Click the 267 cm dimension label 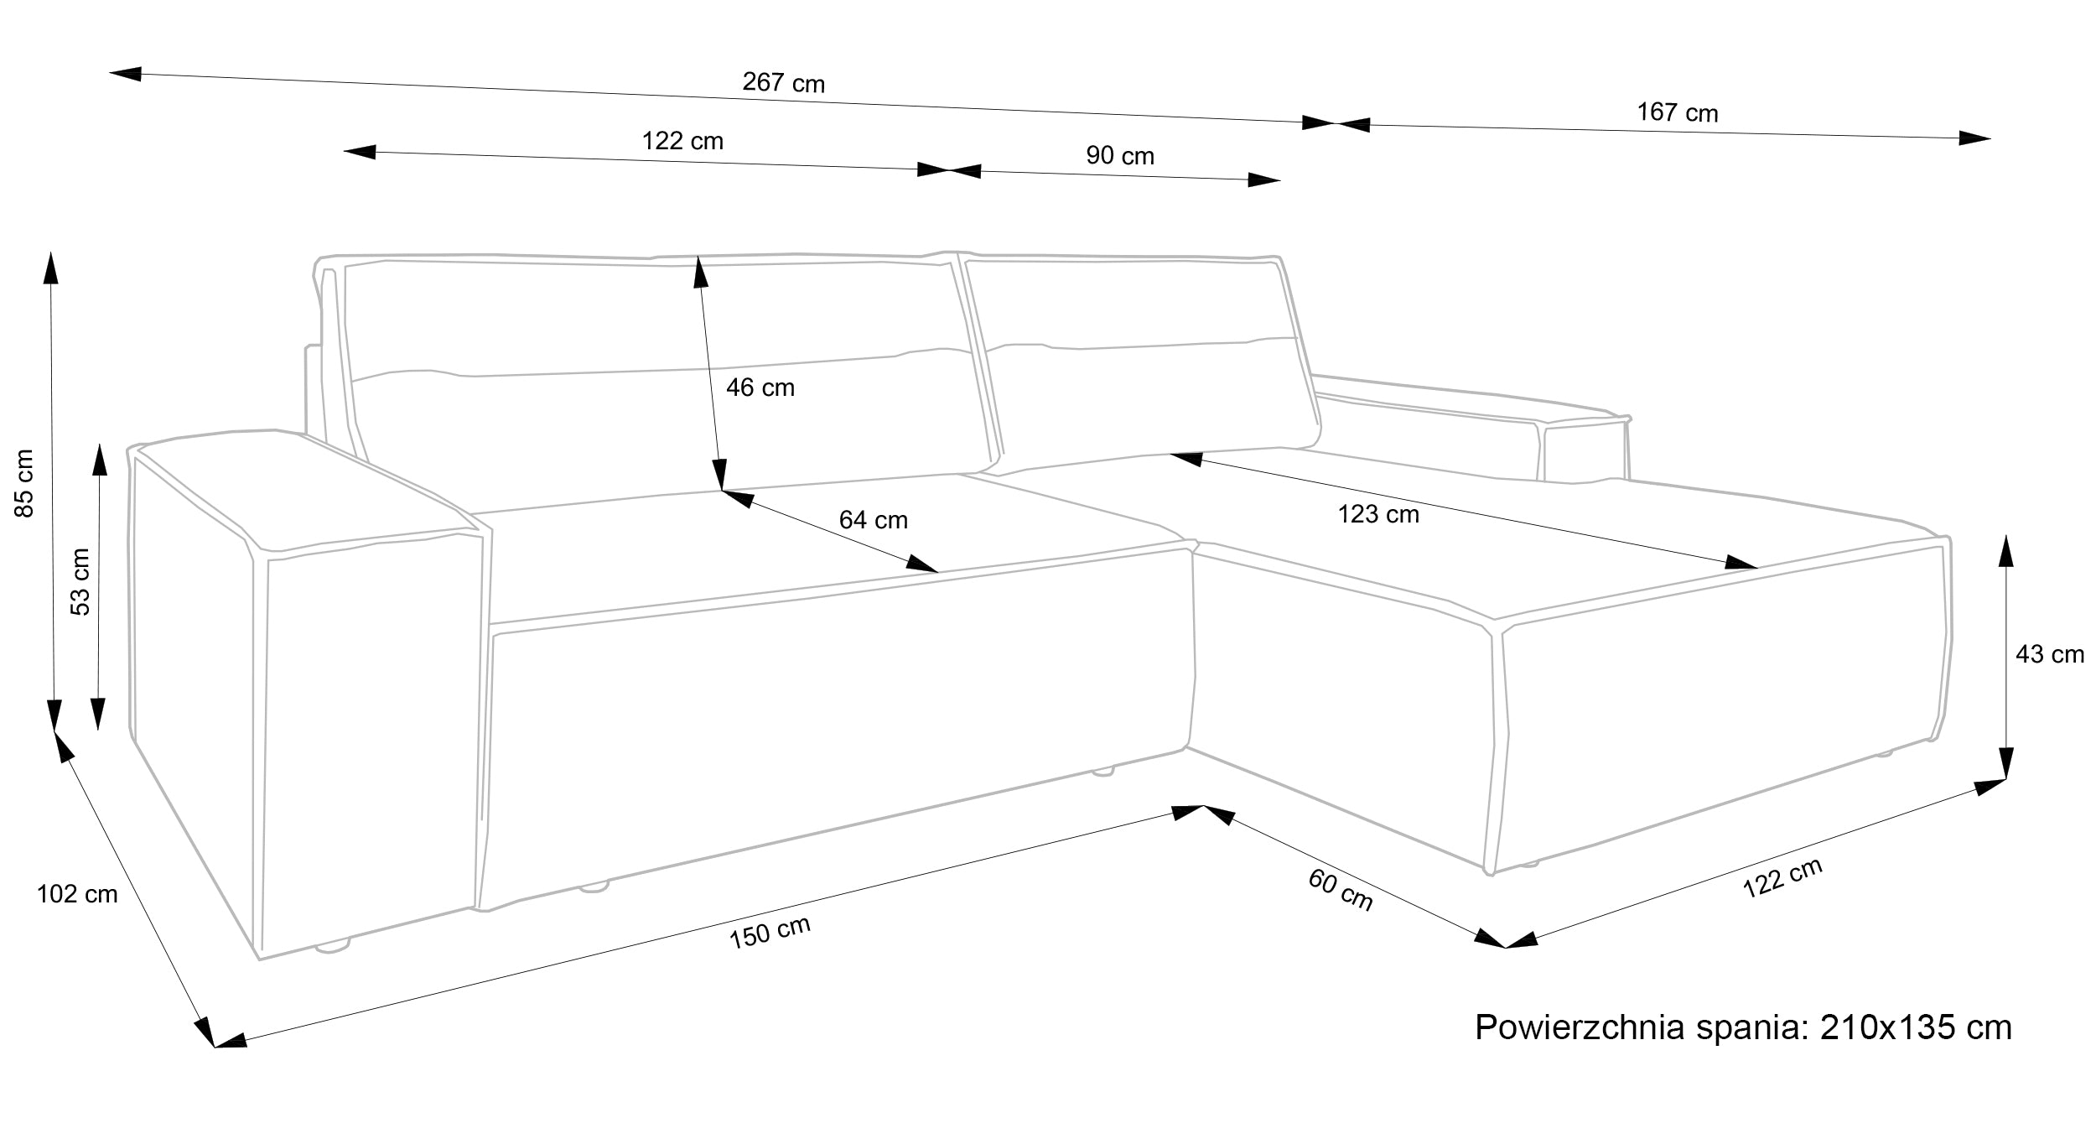pos(783,83)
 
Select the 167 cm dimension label pos(1677,112)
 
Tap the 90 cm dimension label pos(1120,156)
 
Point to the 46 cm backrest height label pos(760,387)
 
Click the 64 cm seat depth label pos(873,520)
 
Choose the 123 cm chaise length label pos(1378,514)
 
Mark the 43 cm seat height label pos(2049,654)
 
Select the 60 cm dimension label pos(1340,891)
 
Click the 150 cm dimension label pos(770,932)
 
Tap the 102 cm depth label pos(77,895)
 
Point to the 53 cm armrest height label pos(80,582)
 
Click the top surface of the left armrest pos(302,491)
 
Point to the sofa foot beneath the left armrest pos(332,947)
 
